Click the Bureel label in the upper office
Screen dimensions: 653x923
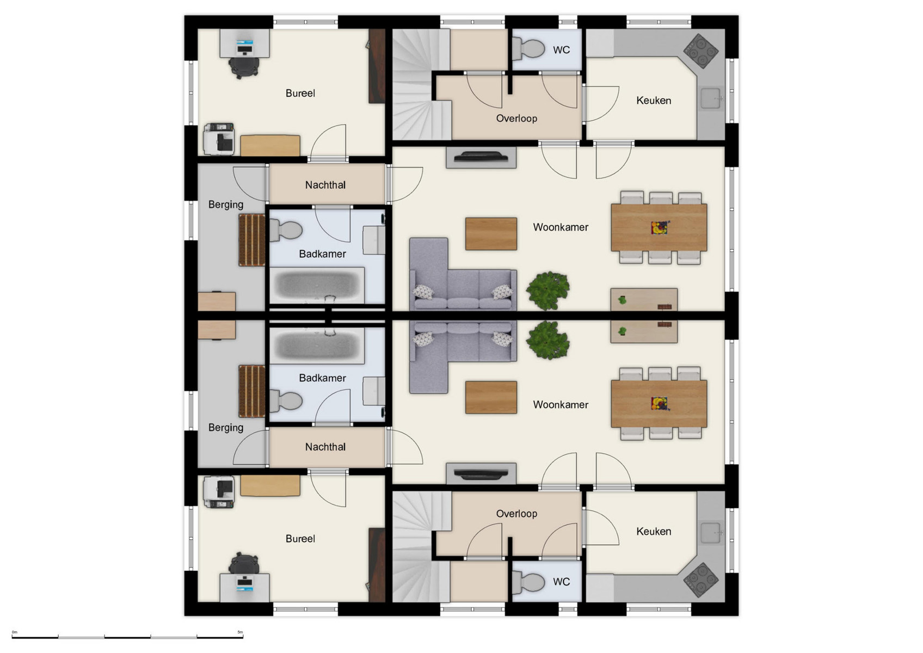300,93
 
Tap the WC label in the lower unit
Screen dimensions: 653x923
561,582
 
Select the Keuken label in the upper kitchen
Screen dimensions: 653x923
653,101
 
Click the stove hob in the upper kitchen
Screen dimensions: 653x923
700,50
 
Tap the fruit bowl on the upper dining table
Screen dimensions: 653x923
660,227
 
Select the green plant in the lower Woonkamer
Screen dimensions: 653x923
547,340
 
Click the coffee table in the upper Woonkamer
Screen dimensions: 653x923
490,234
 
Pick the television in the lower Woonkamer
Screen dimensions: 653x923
481,475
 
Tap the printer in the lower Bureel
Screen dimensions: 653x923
219,491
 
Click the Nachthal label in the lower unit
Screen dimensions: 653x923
325,447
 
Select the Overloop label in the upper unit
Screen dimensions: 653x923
516,119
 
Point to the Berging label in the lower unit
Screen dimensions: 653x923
225,428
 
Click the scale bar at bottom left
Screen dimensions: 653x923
127,636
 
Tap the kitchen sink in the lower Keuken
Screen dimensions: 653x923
711,533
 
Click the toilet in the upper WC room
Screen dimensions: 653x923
529,49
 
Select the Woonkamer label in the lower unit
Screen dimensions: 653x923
560,405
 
